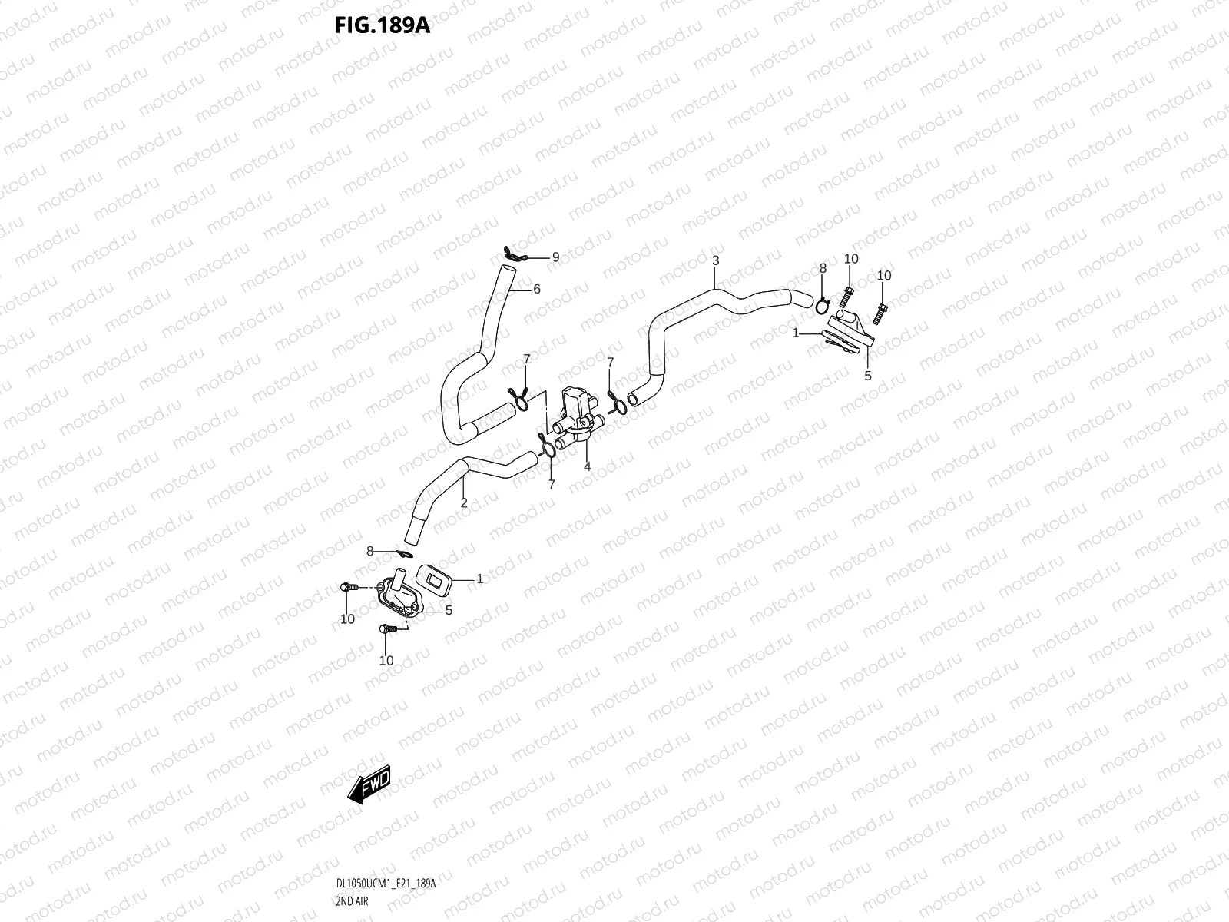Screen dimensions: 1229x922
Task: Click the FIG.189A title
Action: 383,25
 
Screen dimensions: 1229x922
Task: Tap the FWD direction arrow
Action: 369,784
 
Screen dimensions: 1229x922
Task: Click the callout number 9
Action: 555,257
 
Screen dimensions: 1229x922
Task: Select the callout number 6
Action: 536,289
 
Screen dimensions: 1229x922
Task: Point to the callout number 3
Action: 716,260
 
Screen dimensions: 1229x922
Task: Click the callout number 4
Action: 587,466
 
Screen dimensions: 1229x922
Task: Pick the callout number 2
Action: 464,502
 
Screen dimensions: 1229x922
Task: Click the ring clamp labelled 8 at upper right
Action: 823,306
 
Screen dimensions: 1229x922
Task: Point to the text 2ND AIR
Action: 352,901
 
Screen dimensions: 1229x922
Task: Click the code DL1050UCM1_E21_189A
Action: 386,884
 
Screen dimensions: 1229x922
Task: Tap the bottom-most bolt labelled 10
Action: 388,628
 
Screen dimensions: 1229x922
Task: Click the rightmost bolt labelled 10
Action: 880,313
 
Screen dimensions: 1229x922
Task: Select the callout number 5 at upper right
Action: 867,376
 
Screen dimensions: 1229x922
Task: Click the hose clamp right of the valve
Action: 617,403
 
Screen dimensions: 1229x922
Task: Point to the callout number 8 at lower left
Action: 369,552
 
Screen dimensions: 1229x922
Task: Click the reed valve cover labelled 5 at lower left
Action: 399,595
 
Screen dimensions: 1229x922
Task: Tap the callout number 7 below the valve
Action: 552,484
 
